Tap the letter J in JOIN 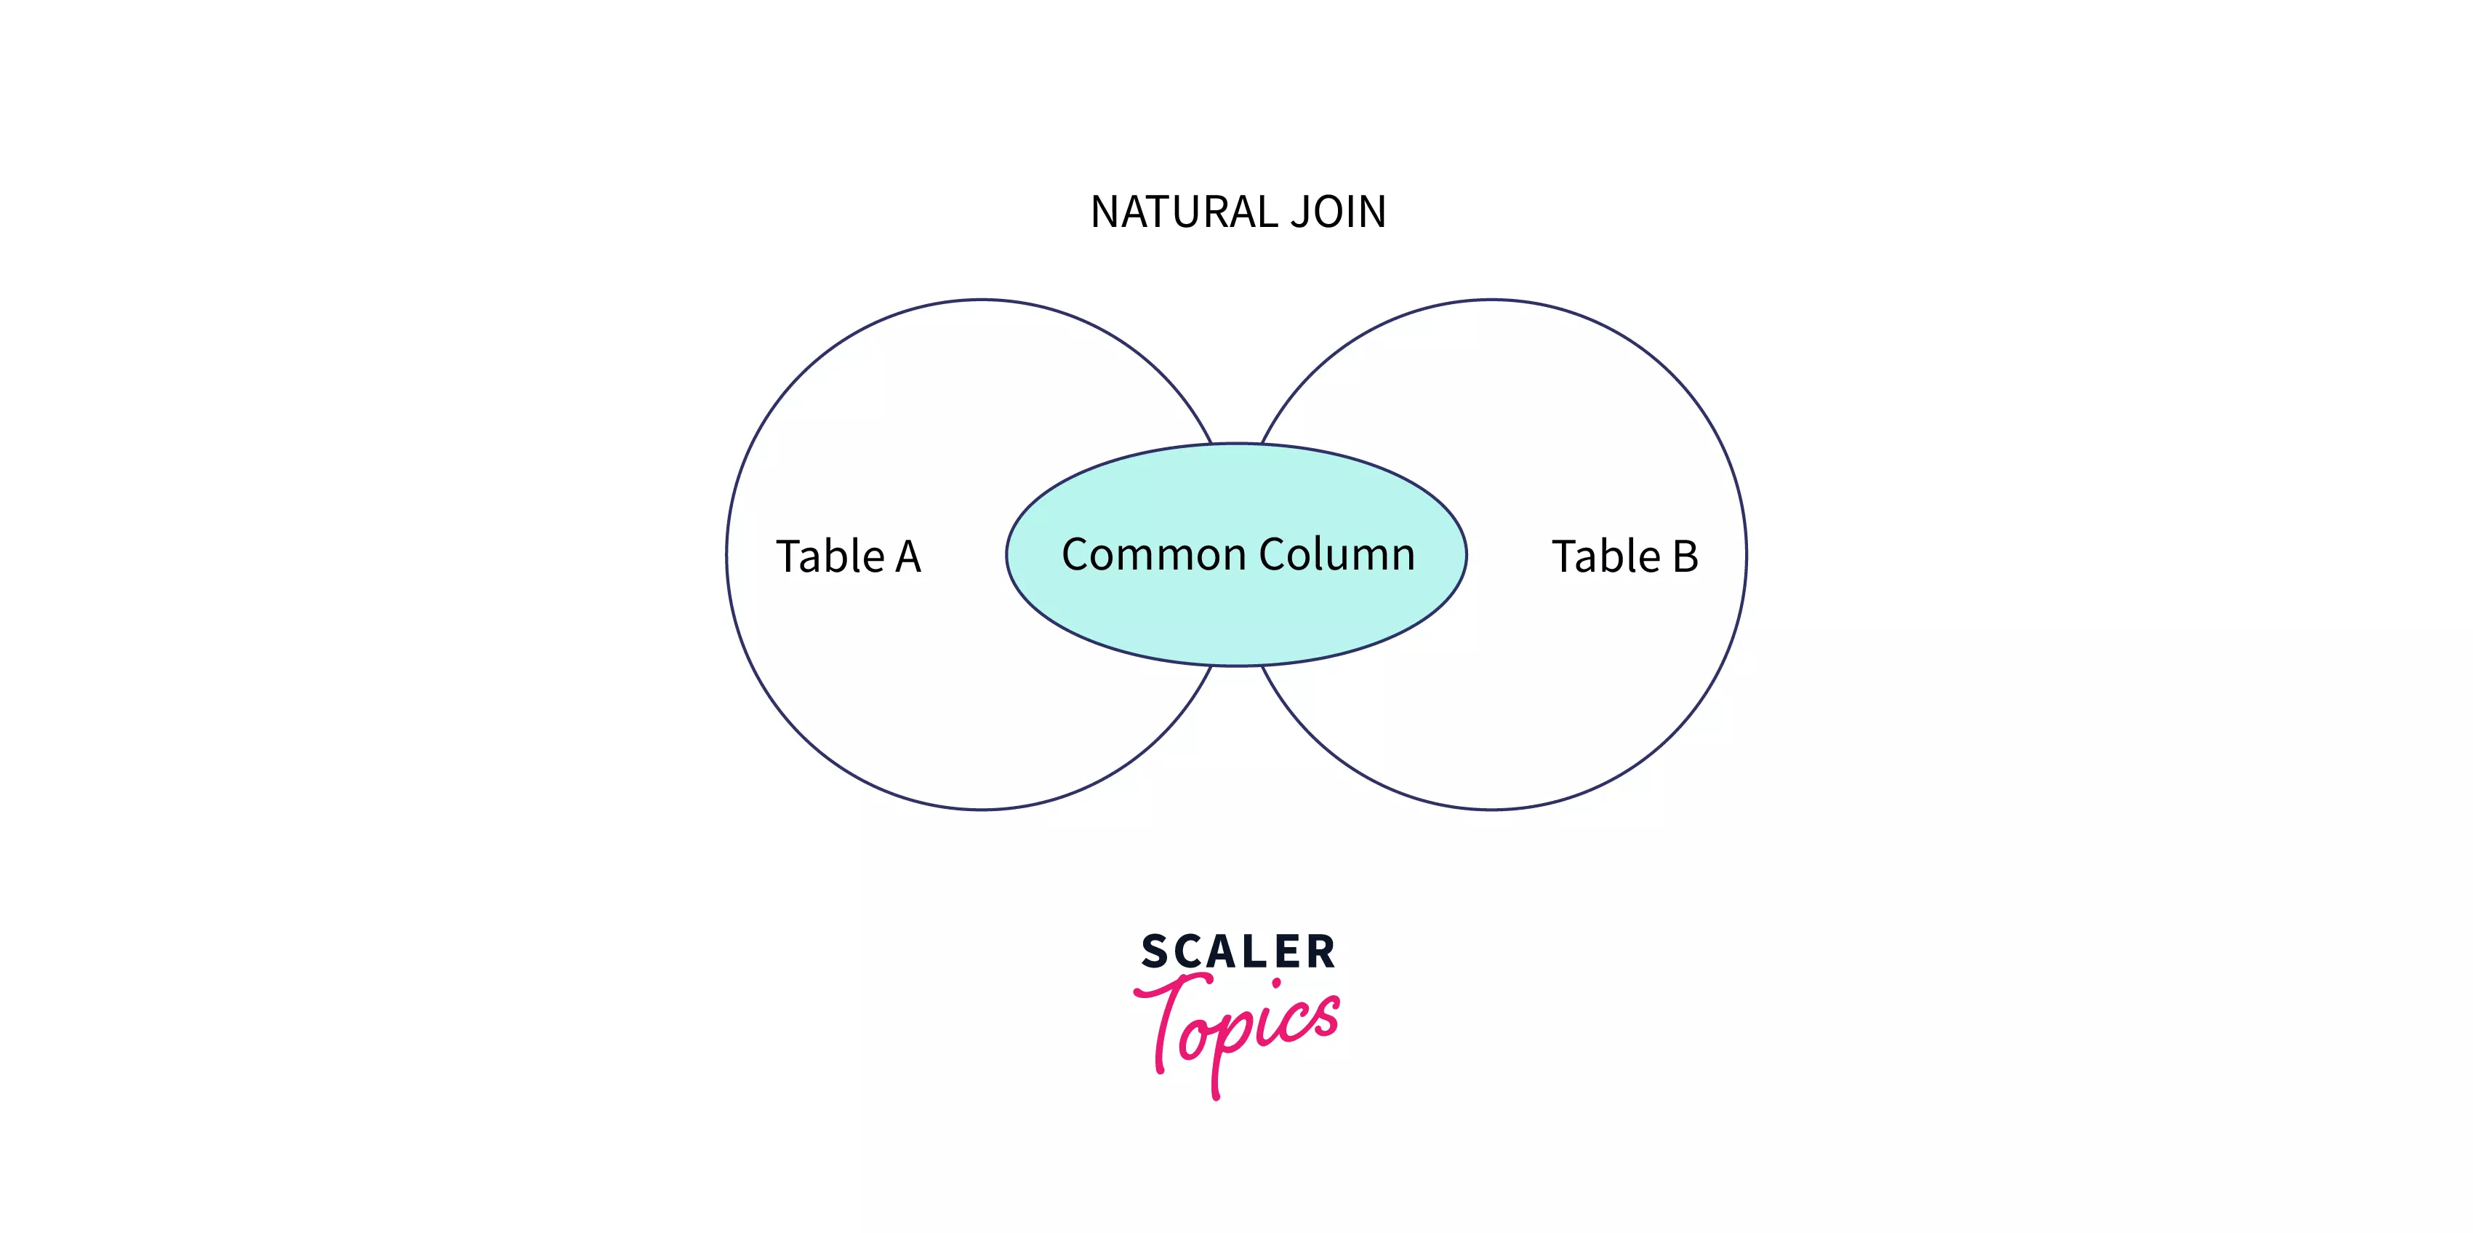point(1301,213)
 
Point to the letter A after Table point(908,558)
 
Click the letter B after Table point(1686,557)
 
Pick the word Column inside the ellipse point(1337,554)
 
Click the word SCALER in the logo point(1238,951)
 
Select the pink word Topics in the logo point(1238,1027)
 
